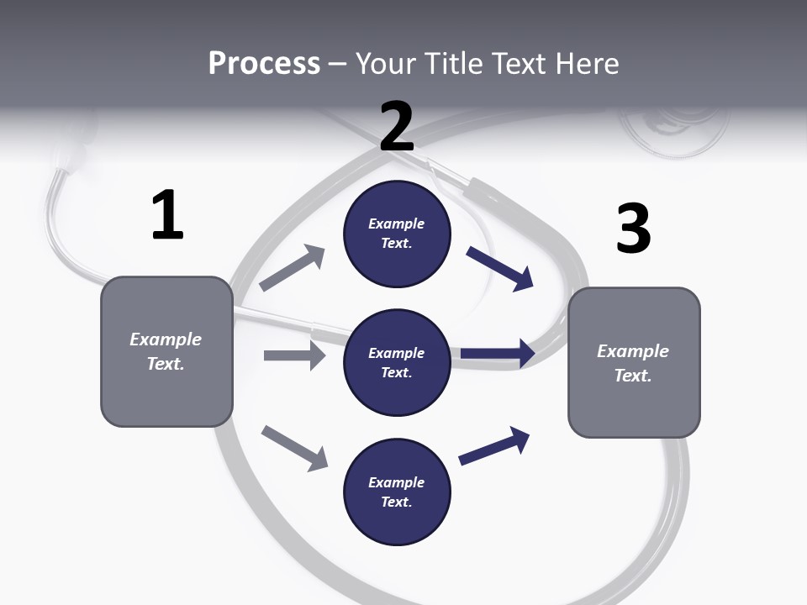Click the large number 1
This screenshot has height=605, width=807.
(167, 216)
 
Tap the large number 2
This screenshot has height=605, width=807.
(397, 126)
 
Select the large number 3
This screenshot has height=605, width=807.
(633, 229)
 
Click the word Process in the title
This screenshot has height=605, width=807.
(264, 63)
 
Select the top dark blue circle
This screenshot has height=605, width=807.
(397, 234)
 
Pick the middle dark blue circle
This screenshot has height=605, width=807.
(397, 362)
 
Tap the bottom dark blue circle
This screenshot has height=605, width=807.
(397, 492)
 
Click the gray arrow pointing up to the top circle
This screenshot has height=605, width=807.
(293, 268)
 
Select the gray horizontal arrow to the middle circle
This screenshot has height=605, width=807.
(294, 355)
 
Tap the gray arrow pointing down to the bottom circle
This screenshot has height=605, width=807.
(294, 448)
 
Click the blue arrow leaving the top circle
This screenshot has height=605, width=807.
(500, 269)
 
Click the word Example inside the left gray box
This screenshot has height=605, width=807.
(166, 339)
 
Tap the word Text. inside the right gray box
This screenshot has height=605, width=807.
(633, 376)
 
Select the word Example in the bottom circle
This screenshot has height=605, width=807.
(397, 482)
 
